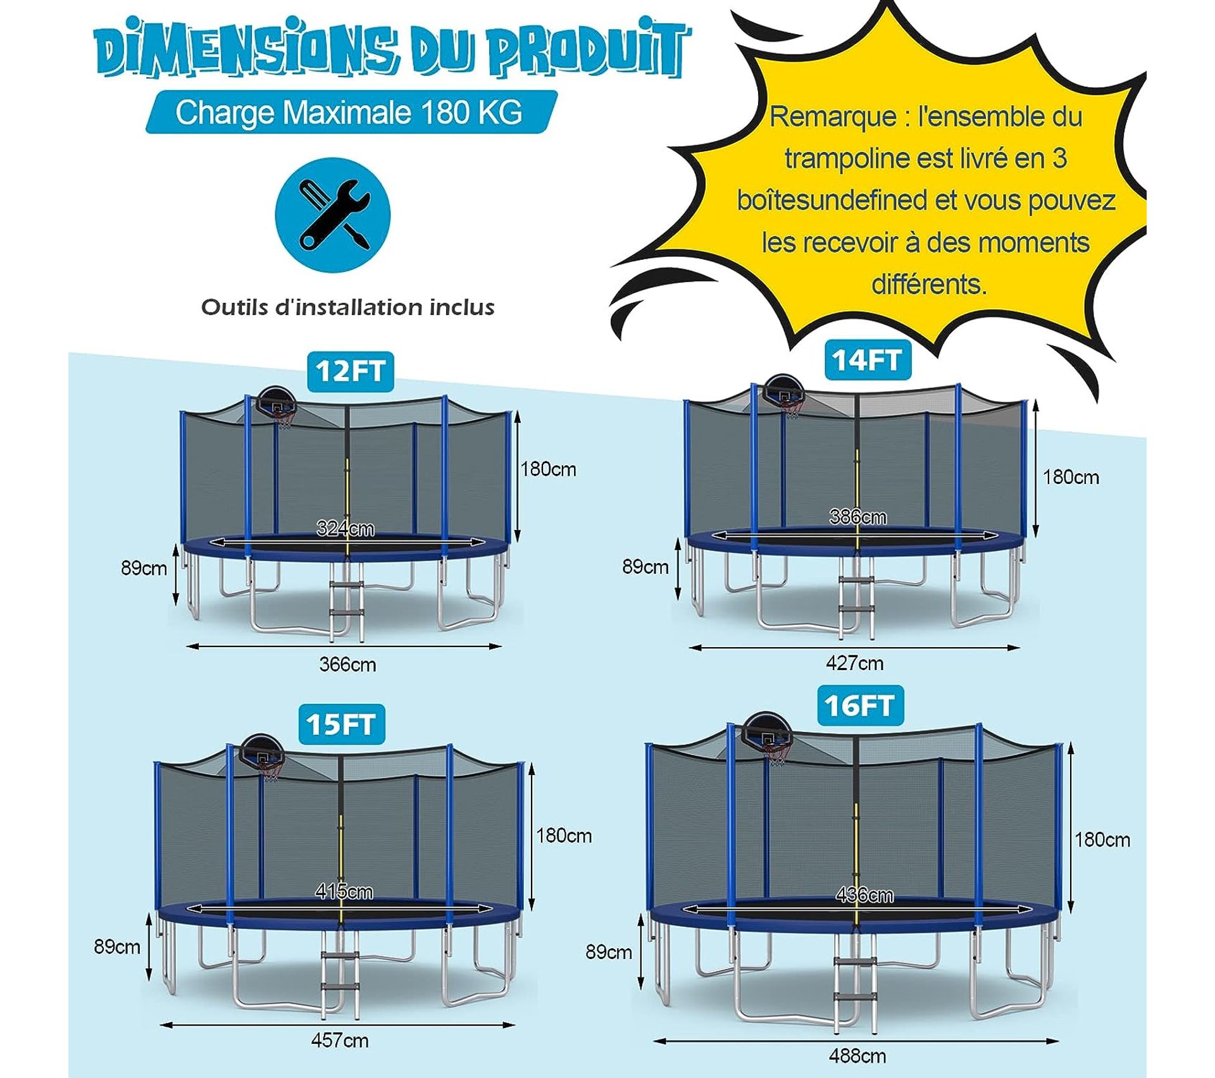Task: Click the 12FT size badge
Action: [x=350, y=371]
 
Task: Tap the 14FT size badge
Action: [x=866, y=361]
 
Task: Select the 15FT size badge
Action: [x=340, y=724]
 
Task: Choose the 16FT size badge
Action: [x=859, y=705]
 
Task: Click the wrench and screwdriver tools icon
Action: [x=333, y=215]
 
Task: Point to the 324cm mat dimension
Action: [x=345, y=528]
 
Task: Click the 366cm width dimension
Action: [x=347, y=664]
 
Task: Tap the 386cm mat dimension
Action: [x=857, y=517]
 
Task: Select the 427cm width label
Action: [x=854, y=663]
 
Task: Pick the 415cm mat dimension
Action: [x=344, y=891]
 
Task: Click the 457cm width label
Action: [x=339, y=1040]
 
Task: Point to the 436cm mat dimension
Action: [x=864, y=895]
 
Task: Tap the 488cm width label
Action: [x=857, y=1056]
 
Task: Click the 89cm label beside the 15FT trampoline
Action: [x=117, y=946]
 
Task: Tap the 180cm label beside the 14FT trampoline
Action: [x=1071, y=477]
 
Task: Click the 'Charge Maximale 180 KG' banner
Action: [x=349, y=113]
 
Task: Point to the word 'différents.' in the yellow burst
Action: [x=928, y=284]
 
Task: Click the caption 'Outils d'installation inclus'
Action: [x=347, y=307]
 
